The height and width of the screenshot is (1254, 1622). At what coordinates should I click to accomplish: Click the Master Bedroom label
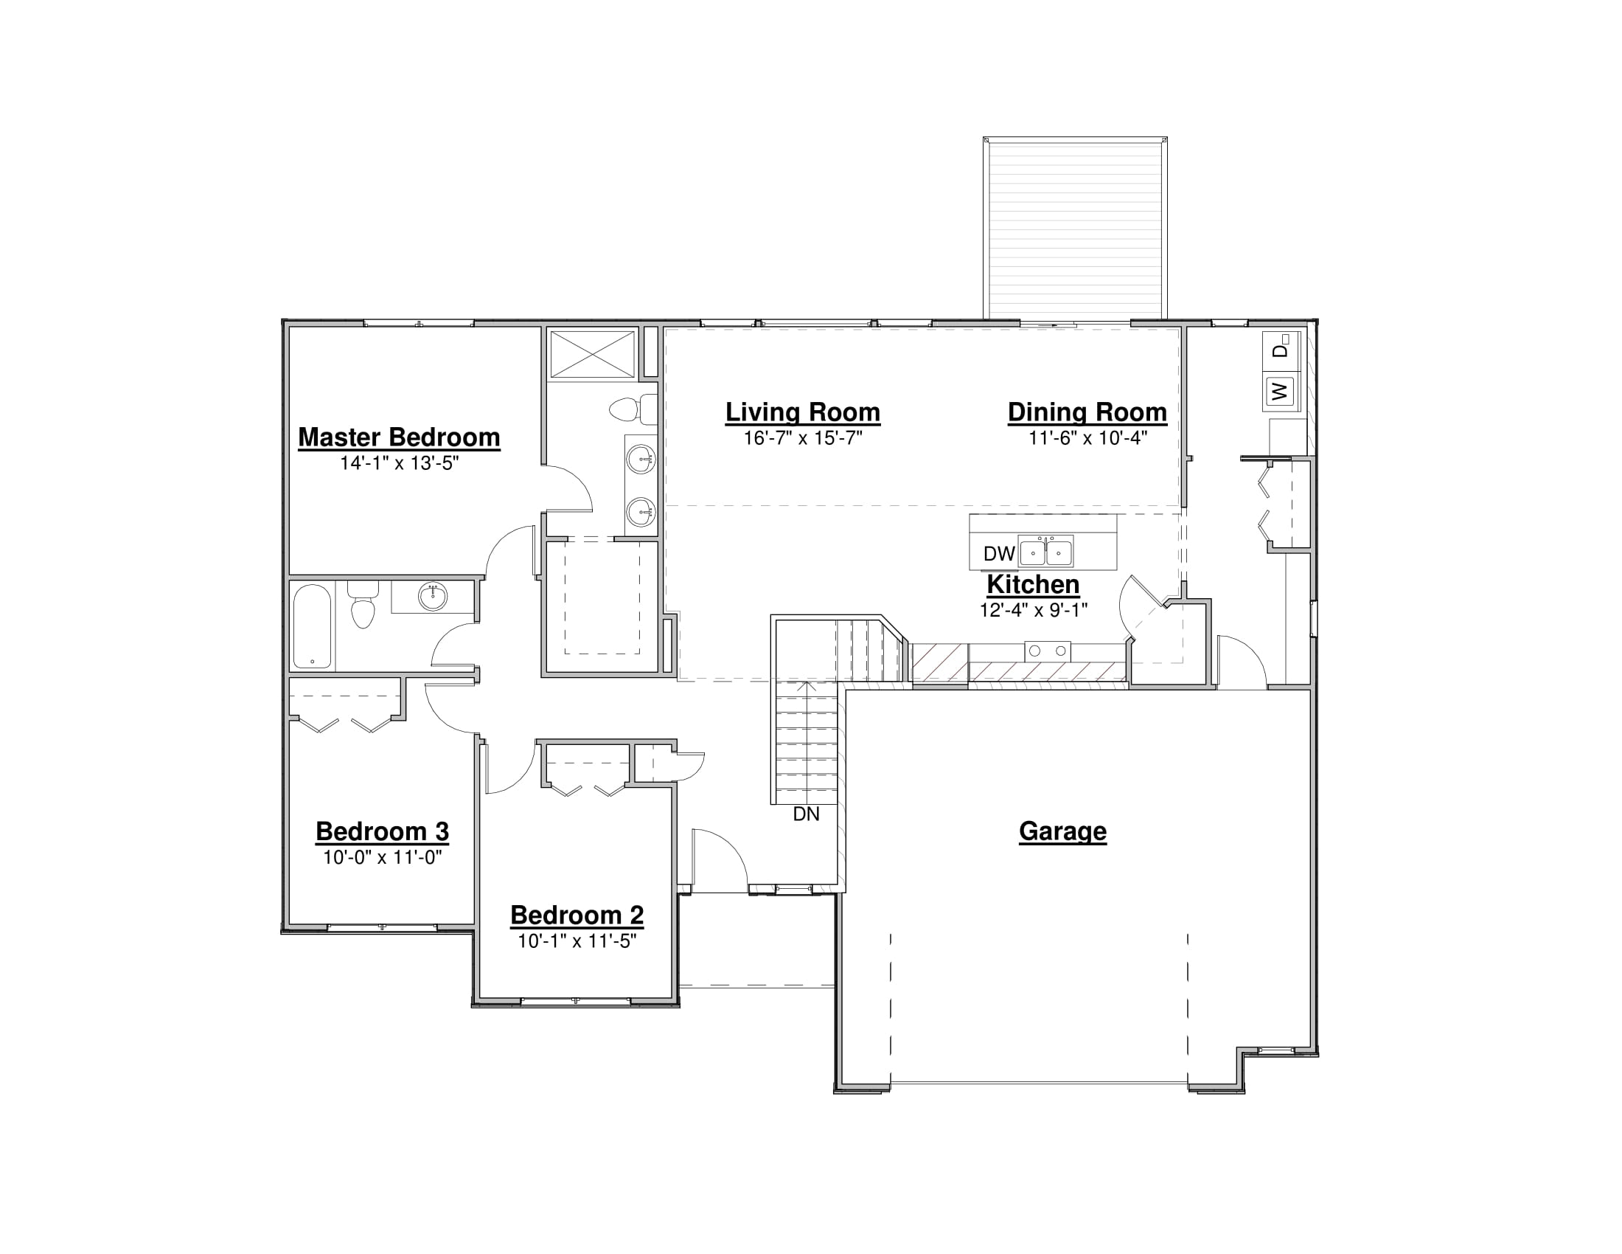399,437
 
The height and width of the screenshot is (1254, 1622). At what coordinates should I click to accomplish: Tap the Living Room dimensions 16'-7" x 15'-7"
803,438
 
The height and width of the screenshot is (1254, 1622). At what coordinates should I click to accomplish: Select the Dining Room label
1087,412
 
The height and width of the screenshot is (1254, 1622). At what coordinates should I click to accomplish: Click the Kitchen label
1033,585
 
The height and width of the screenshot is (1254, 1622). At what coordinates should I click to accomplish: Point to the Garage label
1062,831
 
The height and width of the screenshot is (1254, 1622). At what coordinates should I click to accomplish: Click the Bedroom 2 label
577,915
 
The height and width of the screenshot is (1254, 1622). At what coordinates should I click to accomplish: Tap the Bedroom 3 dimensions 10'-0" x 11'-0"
383,857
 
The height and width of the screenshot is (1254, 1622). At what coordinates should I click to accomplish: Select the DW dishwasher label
999,553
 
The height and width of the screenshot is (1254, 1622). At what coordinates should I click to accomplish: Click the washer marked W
1281,391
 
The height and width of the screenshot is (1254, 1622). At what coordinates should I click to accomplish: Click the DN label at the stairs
806,814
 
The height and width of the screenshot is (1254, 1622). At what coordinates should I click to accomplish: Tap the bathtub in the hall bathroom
312,626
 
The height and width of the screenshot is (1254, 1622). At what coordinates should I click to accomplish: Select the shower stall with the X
592,354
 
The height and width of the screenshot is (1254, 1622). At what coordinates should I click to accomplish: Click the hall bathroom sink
433,596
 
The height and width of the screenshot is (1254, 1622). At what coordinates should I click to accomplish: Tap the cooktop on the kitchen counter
1047,651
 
